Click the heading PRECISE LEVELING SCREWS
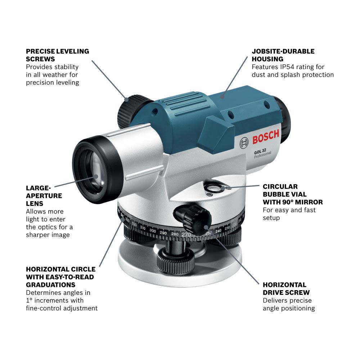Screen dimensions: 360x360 click(x=57, y=55)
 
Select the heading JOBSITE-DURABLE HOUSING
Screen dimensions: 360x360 click(x=283, y=55)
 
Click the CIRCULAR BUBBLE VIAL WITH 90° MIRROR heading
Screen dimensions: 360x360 click(x=292, y=194)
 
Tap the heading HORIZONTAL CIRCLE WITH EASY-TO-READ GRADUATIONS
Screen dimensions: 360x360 click(x=60, y=277)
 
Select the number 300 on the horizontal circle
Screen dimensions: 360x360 click(x=153, y=231)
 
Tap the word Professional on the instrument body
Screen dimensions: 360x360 click(x=262, y=155)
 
